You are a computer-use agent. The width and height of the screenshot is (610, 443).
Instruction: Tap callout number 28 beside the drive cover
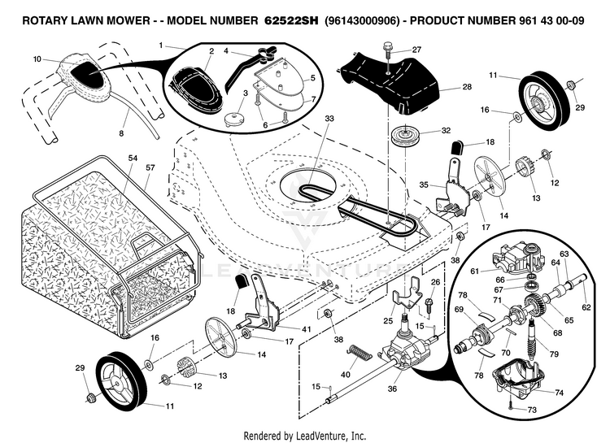click(466, 86)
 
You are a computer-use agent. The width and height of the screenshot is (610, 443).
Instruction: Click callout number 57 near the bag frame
click(150, 167)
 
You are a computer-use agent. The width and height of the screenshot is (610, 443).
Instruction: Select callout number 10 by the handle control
click(37, 59)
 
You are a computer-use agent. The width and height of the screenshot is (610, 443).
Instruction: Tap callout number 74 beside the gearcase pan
click(559, 392)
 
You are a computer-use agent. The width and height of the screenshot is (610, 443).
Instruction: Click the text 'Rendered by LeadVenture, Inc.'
click(305, 436)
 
